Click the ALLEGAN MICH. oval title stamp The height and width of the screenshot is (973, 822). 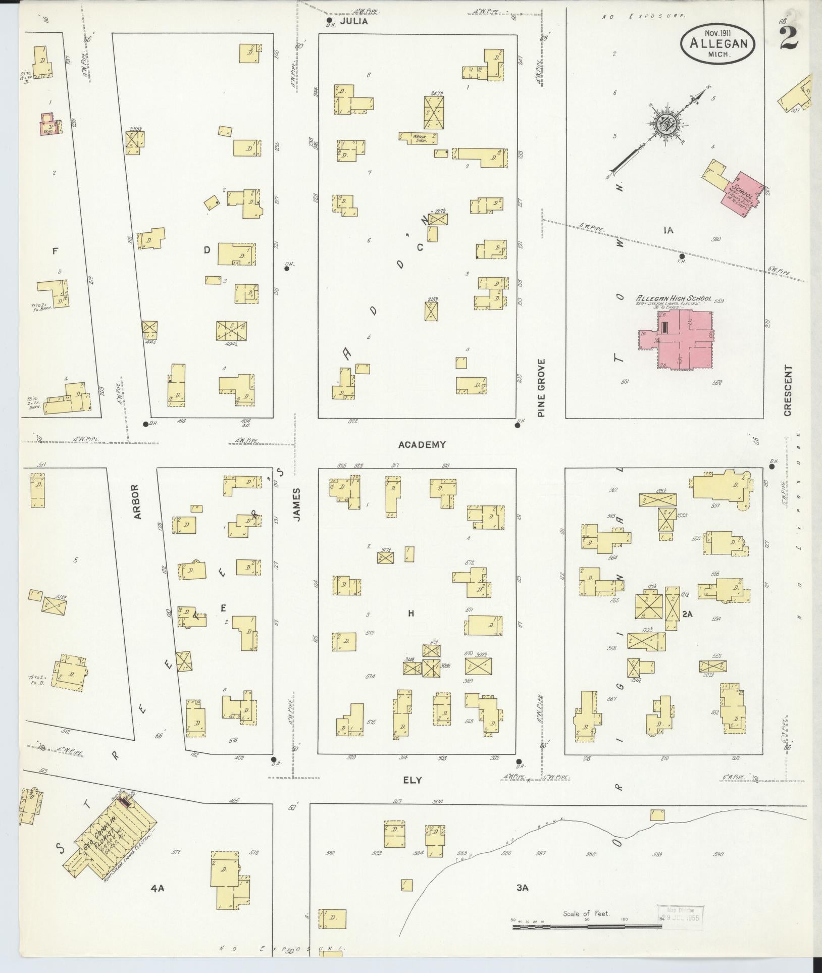click(x=717, y=44)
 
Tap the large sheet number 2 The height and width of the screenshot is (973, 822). click(x=788, y=38)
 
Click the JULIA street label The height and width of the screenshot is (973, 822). click(x=353, y=22)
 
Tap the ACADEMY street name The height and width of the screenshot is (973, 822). click(x=422, y=445)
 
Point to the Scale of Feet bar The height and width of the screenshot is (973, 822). click(x=586, y=927)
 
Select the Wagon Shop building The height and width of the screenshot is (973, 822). click(x=418, y=138)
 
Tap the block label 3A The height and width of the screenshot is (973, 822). click(x=522, y=888)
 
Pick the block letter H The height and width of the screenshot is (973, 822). click(x=411, y=613)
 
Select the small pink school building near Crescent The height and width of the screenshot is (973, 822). click(x=741, y=194)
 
